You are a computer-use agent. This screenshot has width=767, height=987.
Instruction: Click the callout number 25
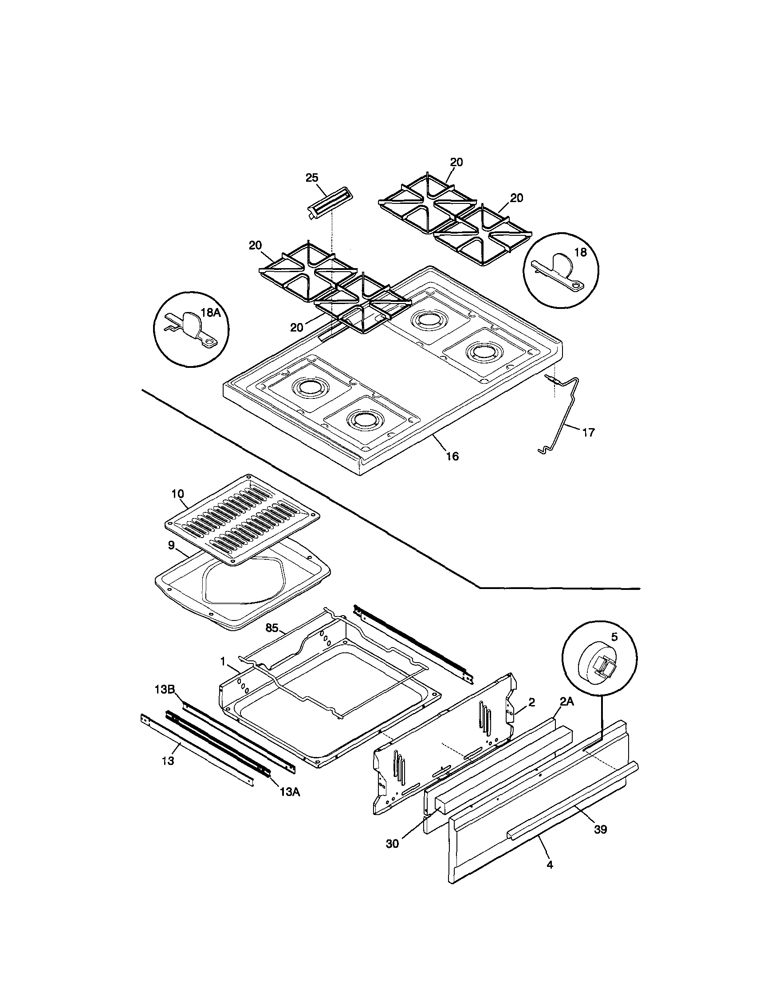[x=312, y=178]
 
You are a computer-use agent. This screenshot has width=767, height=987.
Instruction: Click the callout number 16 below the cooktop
[x=452, y=456]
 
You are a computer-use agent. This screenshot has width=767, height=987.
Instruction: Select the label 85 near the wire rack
[x=271, y=628]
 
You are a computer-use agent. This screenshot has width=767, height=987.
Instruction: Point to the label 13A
[x=289, y=791]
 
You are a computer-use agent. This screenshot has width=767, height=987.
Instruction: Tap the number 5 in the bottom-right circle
[x=614, y=637]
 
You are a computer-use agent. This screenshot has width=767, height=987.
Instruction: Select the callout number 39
[x=600, y=829]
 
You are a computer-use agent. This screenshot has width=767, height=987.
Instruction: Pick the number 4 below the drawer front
[x=550, y=865]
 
